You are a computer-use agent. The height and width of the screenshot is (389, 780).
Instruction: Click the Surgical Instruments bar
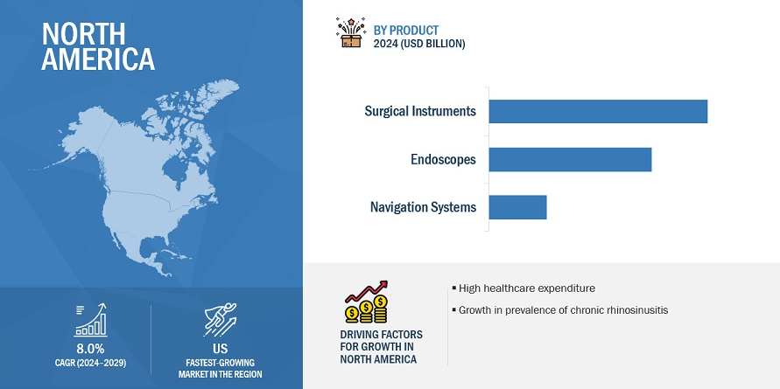click(598, 111)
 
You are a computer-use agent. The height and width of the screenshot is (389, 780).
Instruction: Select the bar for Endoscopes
click(570, 159)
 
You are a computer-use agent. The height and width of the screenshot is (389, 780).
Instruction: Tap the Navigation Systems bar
click(518, 207)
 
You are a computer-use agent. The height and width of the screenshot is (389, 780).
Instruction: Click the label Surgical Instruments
click(420, 111)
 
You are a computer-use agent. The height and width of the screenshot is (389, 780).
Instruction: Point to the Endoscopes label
click(443, 159)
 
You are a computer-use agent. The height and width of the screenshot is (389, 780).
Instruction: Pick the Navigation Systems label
click(424, 206)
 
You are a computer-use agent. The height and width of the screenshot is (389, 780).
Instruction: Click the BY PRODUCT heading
click(406, 31)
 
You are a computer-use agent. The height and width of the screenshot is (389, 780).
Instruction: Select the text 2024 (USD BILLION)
click(419, 45)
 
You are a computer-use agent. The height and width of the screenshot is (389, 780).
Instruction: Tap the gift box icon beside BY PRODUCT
click(351, 33)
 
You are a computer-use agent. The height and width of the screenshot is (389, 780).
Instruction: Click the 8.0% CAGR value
click(90, 348)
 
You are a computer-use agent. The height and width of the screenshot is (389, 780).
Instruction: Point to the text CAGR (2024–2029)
click(90, 363)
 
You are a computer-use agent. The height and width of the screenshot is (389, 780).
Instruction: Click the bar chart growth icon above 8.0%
click(90, 321)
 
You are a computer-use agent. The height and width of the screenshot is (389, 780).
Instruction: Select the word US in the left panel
click(221, 348)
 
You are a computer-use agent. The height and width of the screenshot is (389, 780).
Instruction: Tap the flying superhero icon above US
click(221, 319)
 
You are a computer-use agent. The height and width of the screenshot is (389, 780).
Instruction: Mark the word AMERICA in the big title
click(99, 59)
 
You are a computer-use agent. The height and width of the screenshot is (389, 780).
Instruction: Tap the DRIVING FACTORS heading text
click(381, 334)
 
